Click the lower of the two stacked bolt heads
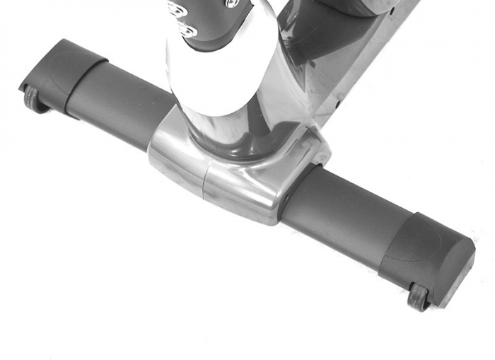pyautogui.click(x=187, y=31)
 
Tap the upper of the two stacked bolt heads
pyautogui.click(x=176, y=9)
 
